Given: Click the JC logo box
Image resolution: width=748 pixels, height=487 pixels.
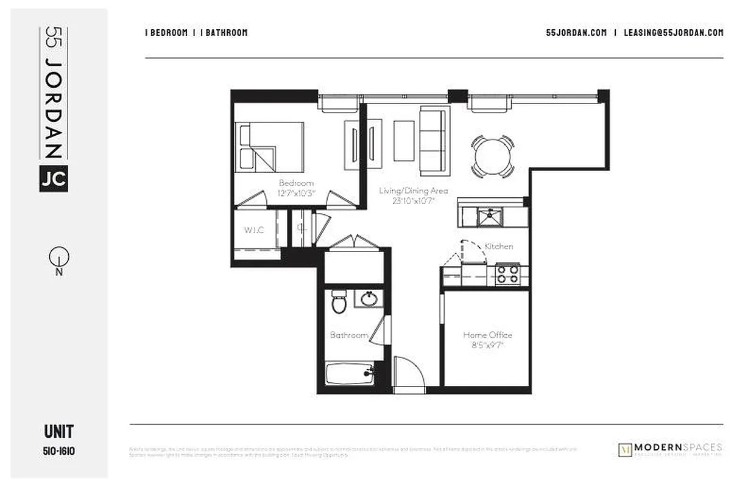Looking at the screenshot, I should click(53, 178).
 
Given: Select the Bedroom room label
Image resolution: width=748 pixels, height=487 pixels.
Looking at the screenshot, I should click(296, 183).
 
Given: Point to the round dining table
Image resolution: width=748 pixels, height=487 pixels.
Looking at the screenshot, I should click(492, 157).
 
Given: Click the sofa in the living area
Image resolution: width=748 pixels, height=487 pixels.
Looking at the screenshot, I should click(435, 141).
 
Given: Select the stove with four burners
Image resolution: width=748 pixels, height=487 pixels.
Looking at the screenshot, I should click(507, 275).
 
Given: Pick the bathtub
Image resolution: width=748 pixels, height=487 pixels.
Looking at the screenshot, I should click(349, 373).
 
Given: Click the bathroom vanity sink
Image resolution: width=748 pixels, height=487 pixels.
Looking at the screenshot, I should click(369, 299).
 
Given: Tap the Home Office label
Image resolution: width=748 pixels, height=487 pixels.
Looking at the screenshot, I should click(487, 335).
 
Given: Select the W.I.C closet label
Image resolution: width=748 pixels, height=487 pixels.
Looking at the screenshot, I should click(254, 231).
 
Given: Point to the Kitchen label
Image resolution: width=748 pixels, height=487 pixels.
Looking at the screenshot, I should click(498, 247).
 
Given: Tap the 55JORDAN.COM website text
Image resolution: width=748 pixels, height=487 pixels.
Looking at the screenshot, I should click(576, 33).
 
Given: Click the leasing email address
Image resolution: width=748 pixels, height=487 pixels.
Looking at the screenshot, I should click(673, 33).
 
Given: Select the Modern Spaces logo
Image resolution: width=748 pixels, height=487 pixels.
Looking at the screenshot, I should click(670, 449).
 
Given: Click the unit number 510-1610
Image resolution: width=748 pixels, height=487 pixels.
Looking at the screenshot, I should click(58, 451).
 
